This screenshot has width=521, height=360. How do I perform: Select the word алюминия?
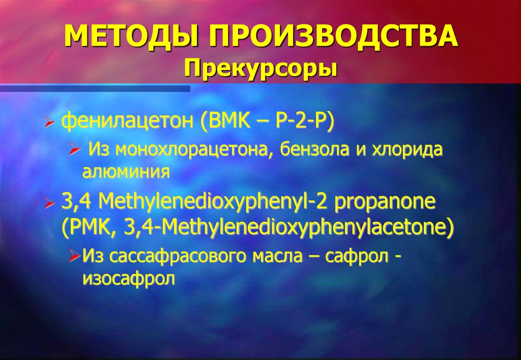126,172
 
